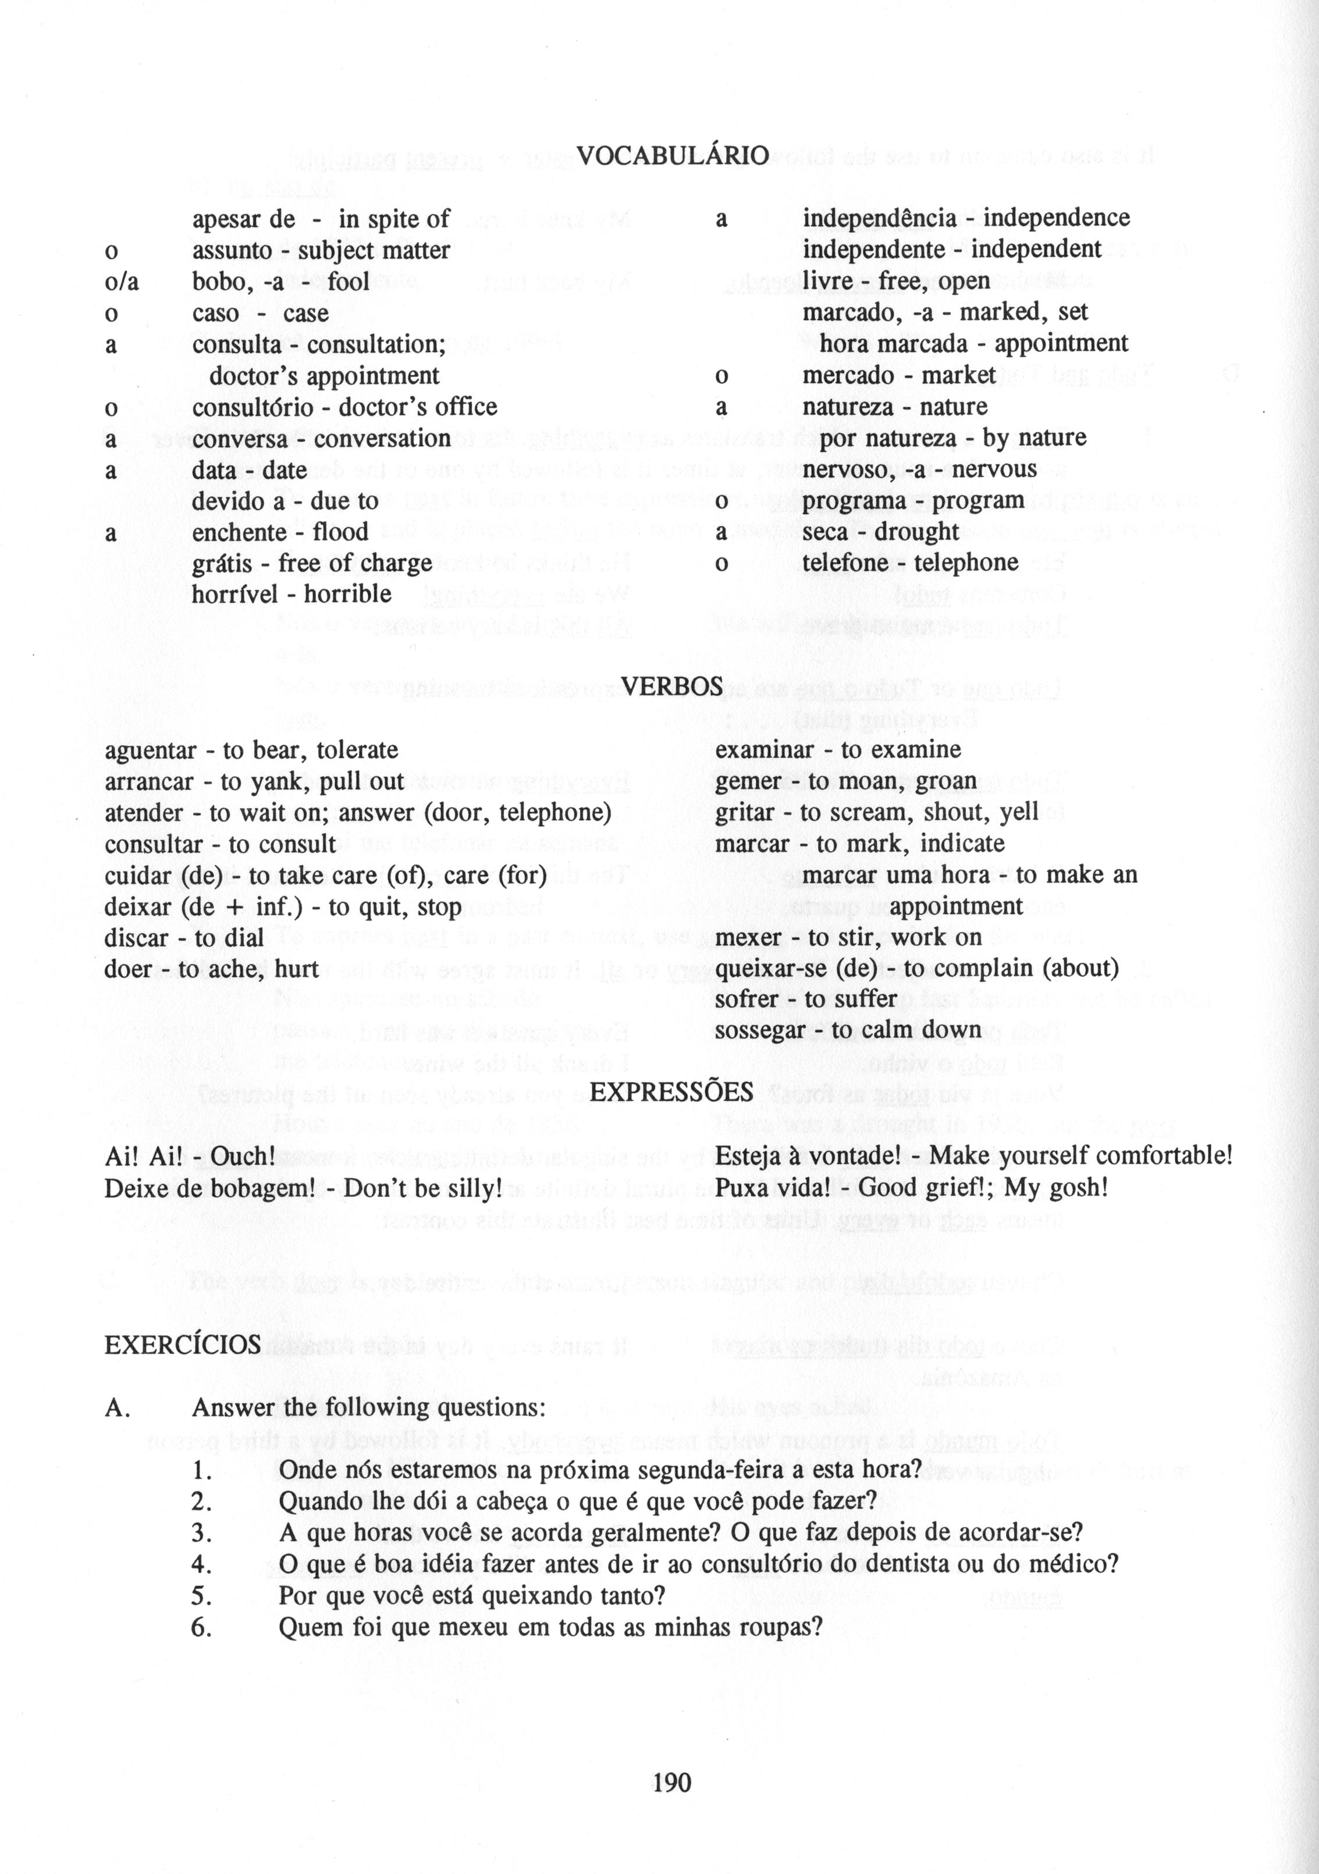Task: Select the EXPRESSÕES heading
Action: (671, 1092)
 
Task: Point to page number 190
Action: (672, 1781)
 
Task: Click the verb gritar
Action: (745, 812)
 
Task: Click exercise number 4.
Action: (202, 1564)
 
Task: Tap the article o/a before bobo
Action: (122, 282)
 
